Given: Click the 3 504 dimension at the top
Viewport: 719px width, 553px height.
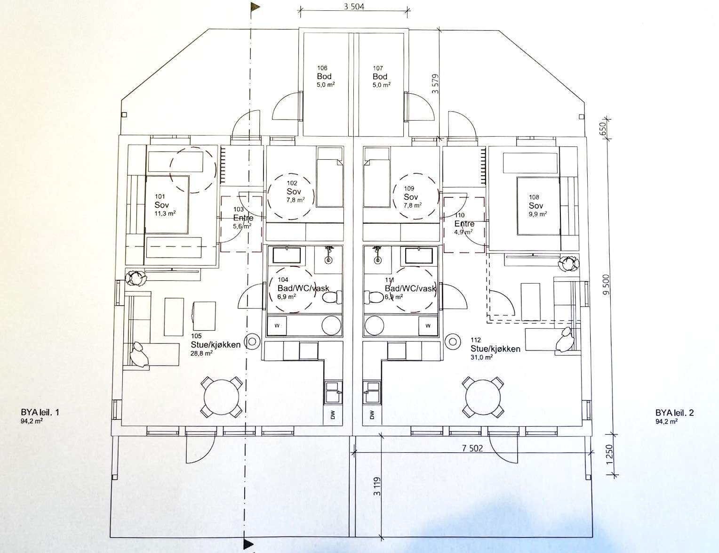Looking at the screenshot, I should pyautogui.click(x=354, y=7).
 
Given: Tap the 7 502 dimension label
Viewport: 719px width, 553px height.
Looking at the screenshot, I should pyautogui.click(x=472, y=448).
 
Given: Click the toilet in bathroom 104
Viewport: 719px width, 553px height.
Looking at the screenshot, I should pyautogui.click(x=331, y=297).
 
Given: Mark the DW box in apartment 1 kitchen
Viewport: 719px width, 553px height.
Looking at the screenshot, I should pyautogui.click(x=333, y=415).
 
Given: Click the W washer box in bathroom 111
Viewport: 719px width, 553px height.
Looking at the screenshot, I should pyautogui.click(x=428, y=325).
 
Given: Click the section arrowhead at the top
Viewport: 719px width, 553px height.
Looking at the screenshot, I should pyautogui.click(x=256, y=7).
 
